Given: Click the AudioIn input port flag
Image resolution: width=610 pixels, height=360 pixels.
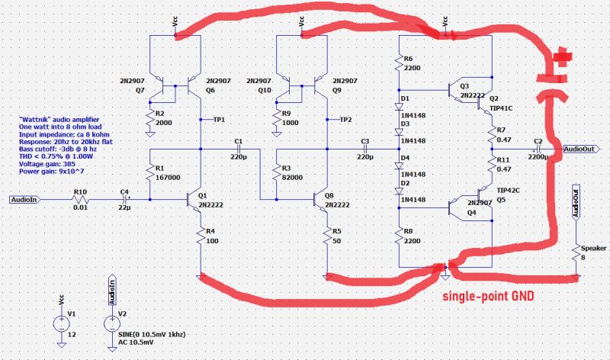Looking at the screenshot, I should pyautogui.click(x=26, y=200).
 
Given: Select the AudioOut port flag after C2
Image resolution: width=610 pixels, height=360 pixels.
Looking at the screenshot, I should pyautogui.click(x=582, y=150).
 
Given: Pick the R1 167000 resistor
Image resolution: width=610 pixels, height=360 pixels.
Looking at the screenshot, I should pyautogui.click(x=149, y=173).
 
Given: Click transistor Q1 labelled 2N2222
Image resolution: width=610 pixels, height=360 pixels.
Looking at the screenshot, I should pyautogui.click(x=191, y=200).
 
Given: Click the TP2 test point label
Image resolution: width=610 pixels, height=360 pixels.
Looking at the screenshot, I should pyautogui.click(x=345, y=120).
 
